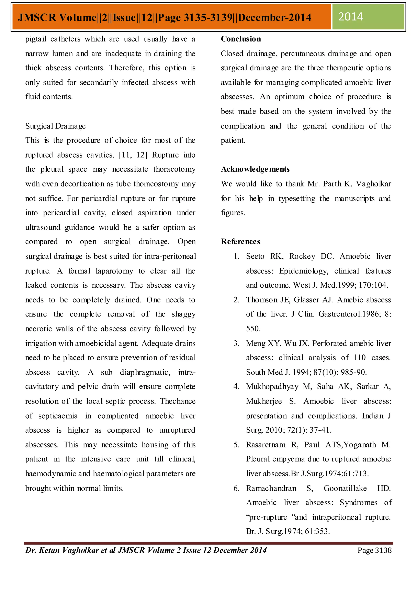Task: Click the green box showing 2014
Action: pyautogui.click(x=368, y=17)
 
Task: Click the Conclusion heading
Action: pyautogui.click(x=241, y=39)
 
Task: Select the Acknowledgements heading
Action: pyautogui.click(x=255, y=169)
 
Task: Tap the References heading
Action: pyautogui.click(x=241, y=242)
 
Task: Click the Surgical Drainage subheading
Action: pyautogui.click(x=55, y=126)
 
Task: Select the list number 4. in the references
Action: pyautogui.click(x=236, y=387)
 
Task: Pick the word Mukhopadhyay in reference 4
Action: pyautogui.click(x=272, y=387)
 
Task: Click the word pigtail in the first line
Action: pyautogui.click(x=36, y=39)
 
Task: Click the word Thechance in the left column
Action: pyautogui.click(x=178, y=401)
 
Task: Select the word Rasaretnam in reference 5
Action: pyautogui.click(x=266, y=445)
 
